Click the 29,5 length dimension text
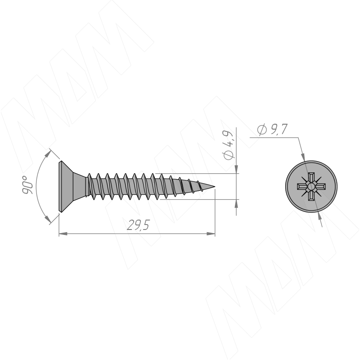138,225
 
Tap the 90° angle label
27,185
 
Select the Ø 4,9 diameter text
229,145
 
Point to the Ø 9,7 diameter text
272,129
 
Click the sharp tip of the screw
215,186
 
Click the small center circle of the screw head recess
311,186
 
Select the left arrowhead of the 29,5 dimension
63,234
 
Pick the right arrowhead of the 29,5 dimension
211,234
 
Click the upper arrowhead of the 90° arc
47,153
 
